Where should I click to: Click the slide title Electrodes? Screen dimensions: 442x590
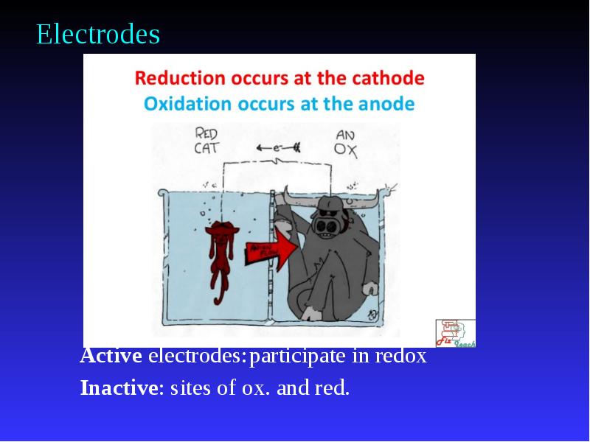98,35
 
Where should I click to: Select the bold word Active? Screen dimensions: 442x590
111,357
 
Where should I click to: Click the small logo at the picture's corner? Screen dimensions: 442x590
455,332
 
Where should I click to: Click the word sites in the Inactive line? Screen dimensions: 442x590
187,387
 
